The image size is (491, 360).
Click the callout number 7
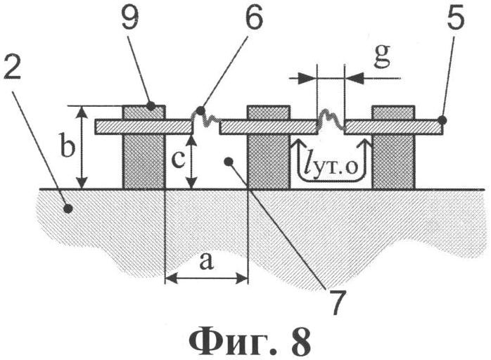336,300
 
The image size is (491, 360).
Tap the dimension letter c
178,160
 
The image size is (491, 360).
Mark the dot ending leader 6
201,110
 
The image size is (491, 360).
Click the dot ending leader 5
441,120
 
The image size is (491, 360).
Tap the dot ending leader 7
227,161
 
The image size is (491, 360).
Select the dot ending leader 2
68,207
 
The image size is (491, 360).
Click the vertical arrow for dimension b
83,147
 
